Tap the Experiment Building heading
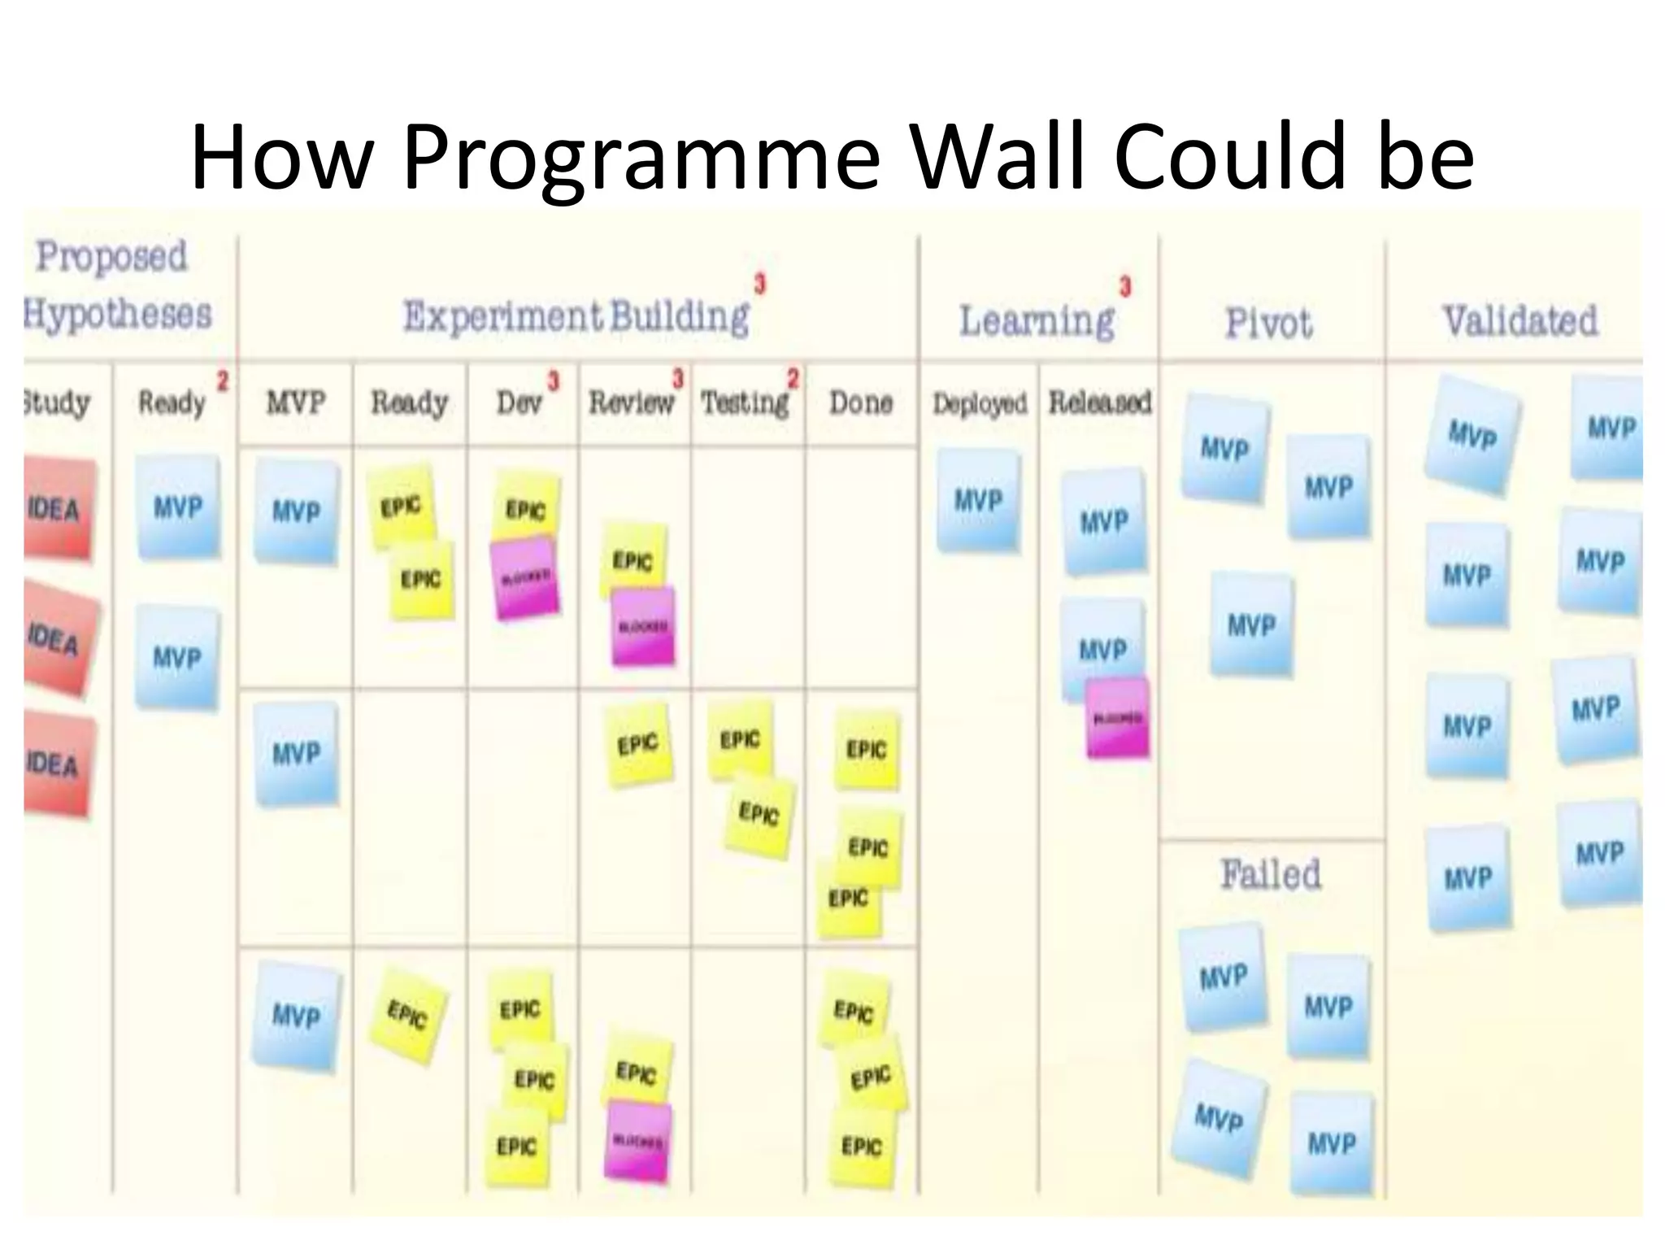(x=576, y=316)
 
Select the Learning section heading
(x=1037, y=320)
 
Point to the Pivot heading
(x=1268, y=323)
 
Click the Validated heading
(x=1519, y=320)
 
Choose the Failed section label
(x=1270, y=875)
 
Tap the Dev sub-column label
(x=519, y=402)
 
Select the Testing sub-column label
(x=745, y=403)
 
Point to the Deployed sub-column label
(x=979, y=403)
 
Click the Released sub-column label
(x=1099, y=402)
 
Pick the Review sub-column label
(x=632, y=402)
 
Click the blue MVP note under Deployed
(x=978, y=500)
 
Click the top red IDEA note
(x=57, y=509)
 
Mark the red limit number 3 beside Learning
(x=1125, y=286)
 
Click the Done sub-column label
(x=860, y=403)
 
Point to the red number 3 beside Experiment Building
(x=759, y=285)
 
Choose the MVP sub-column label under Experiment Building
(x=296, y=403)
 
